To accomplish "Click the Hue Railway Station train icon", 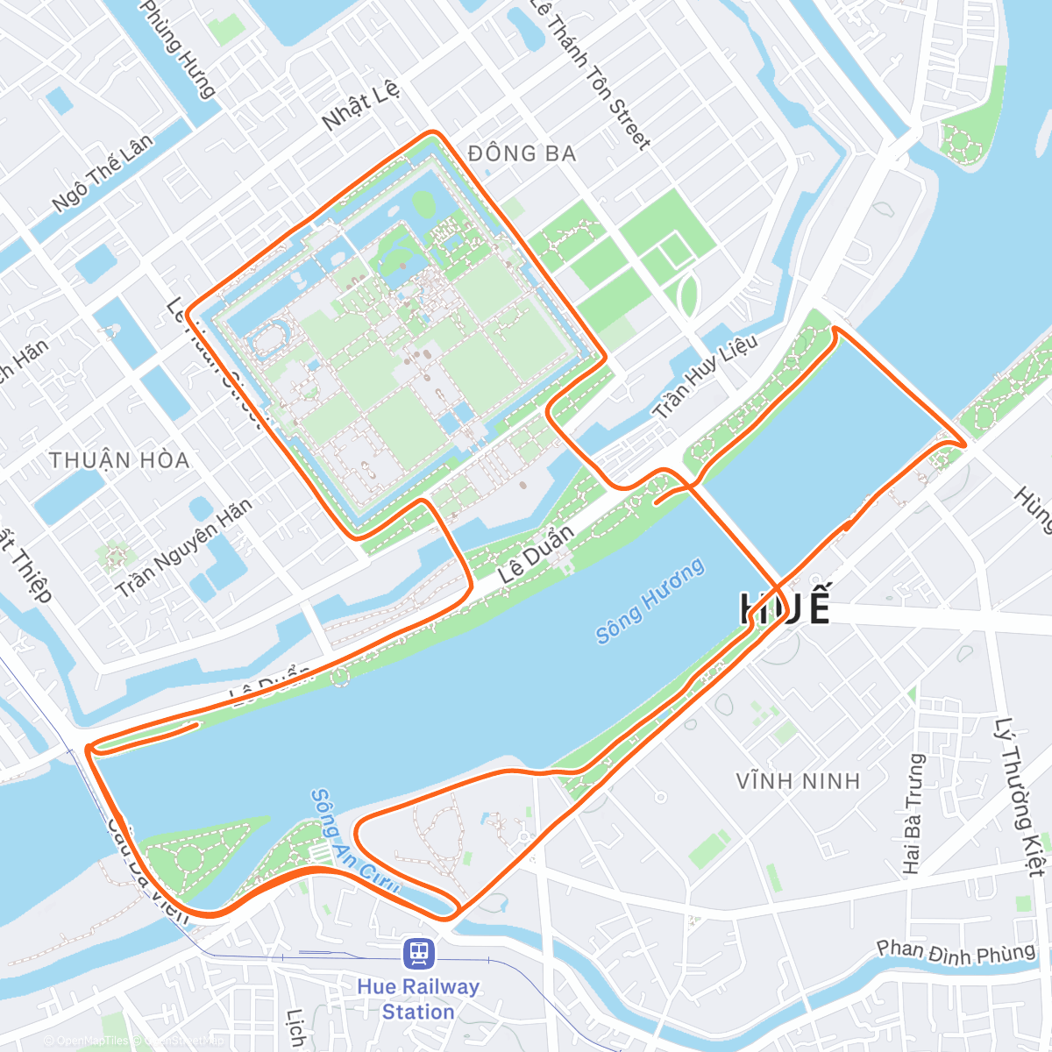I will tap(418, 953).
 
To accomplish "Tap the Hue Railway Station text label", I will tap(418, 999).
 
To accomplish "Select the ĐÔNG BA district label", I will tap(522, 154).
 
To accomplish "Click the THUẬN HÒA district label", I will tap(119, 460).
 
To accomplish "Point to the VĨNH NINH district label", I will tap(798, 780).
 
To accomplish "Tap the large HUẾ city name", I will tap(785, 608).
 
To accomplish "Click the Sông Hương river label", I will tap(650, 601).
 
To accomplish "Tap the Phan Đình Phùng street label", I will tap(956, 952).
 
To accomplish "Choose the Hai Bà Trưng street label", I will tap(913, 814).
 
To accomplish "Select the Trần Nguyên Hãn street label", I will tap(184, 548).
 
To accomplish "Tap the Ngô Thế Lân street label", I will tap(103, 173).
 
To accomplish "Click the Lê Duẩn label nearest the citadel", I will tap(537, 554).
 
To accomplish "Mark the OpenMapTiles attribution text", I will tap(88, 1041).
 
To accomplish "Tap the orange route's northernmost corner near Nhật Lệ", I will tap(431, 132).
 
